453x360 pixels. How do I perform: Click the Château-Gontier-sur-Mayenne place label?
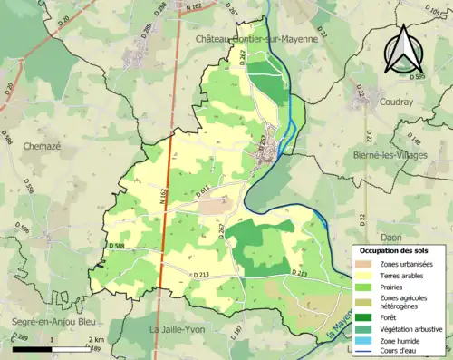click(x=256, y=39)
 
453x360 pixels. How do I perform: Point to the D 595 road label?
click(x=416, y=77)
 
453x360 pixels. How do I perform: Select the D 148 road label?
click(x=415, y=139)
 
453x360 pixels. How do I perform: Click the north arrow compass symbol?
click(x=401, y=49)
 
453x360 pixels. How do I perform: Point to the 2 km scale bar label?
click(x=95, y=339)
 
